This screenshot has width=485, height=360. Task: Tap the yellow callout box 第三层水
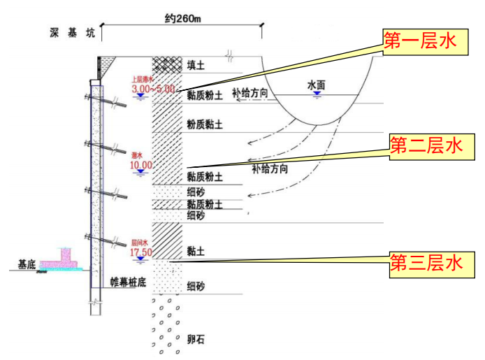426,263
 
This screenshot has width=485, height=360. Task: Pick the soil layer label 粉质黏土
205,124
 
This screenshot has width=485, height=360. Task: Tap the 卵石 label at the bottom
196,341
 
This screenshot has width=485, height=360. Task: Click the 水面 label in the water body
317,84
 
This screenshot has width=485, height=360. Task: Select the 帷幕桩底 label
129,282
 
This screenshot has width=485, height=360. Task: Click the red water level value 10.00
140,166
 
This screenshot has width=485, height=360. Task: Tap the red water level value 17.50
140,252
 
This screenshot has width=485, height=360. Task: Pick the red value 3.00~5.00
153,89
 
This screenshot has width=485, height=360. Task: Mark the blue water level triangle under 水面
317,94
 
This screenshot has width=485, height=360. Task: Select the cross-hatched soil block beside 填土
167,64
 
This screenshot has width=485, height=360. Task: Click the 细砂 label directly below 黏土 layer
196,287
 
